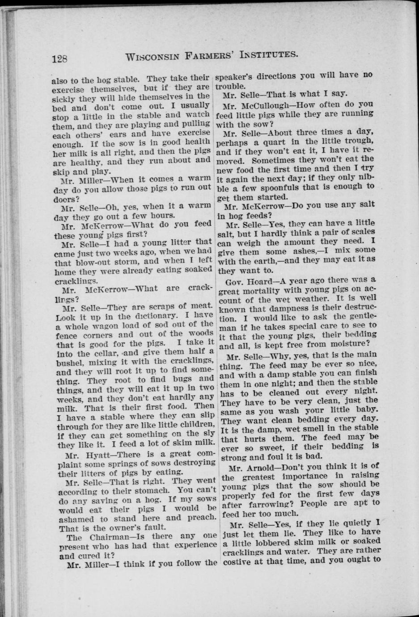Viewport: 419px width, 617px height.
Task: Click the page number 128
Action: click(59, 58)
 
